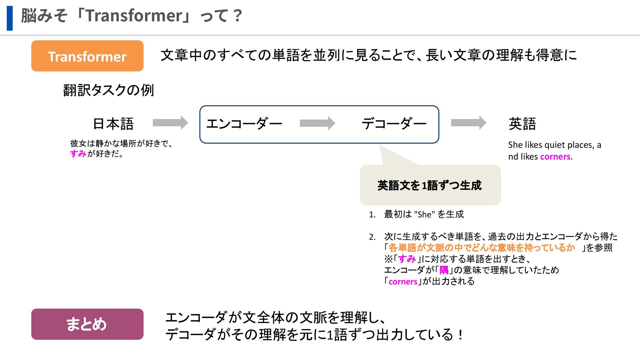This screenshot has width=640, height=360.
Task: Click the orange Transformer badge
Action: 87,56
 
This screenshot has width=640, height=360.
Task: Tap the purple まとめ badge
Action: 87,324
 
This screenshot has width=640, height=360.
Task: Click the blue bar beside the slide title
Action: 10,18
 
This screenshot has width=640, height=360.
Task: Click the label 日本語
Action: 113,124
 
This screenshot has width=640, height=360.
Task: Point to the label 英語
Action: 522,124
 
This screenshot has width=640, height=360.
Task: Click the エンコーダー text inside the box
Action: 244,124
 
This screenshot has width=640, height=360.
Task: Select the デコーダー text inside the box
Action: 394,124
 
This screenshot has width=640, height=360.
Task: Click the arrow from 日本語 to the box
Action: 170,123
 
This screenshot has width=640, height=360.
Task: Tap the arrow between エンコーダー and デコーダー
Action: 317,123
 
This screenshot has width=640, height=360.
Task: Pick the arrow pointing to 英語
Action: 468,123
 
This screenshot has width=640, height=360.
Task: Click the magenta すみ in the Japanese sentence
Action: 78,154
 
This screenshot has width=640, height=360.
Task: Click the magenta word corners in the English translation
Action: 555,157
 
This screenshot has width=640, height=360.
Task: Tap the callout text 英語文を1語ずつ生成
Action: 430,185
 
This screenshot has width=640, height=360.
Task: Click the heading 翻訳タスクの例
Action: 109,90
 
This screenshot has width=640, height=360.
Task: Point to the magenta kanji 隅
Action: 444,270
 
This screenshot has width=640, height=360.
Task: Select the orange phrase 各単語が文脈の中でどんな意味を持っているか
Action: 482,248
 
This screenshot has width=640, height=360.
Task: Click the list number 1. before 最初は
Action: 372,215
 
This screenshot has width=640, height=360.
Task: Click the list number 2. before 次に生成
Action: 372,237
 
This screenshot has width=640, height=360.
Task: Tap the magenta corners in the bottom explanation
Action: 403,282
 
